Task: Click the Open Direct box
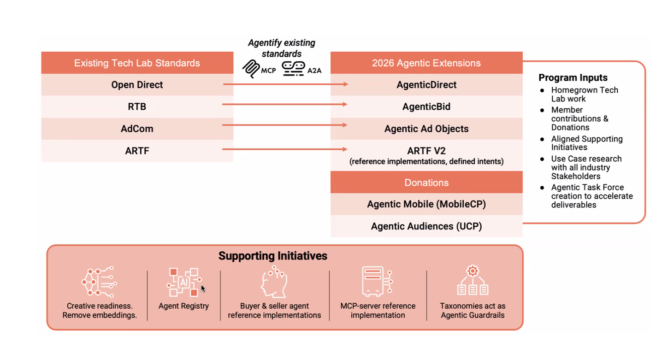tap(137, 85)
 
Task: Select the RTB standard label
tap(137, 106)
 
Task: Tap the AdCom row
tap(137, 129)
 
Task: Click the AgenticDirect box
tap(426, 85)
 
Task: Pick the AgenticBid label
tap(426, 106)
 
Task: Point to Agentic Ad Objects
tap(426, 129)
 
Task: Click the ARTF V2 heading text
tap(426, 151)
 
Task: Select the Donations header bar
tap(426, 183)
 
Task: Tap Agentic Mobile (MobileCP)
tap(426, 204)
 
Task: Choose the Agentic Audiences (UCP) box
tap(426, 226)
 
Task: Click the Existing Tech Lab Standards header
tap(137, 63)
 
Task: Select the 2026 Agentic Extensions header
tap(426, 63)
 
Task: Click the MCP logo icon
tap(251, 69)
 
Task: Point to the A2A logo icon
tap(293, 69)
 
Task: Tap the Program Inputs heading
tap(573, 77)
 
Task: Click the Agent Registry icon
tap(184, 282)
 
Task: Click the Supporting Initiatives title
tap(273, 256)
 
